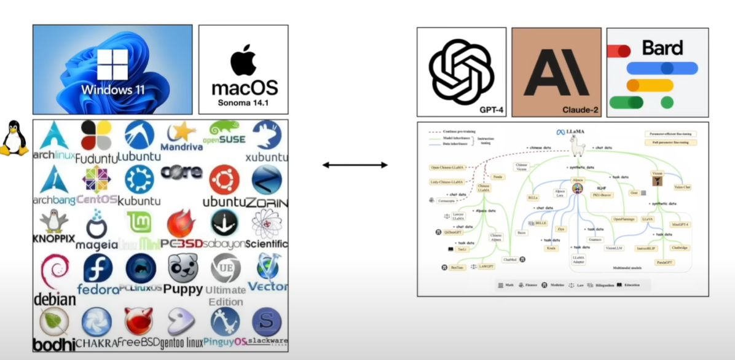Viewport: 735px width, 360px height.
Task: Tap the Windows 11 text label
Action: pyautogui.click(x=112, y=90)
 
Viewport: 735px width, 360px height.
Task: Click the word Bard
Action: pyautogui.click(x=662, y=47)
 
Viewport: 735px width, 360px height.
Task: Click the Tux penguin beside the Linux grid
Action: pyautogui.click(x=14, y=138)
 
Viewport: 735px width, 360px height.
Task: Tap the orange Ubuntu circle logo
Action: pyautogui.click(x=224, y=180)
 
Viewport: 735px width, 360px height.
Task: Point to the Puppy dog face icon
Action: pyautogui.click(x=183, y=268)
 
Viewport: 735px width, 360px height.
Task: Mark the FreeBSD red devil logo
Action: pyautogui.click(x=139, y=322)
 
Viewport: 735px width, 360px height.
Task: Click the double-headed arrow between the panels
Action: pyautogui.click(x=355, y=165)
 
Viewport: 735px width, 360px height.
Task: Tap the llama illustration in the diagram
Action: pyautogui.click(x=578, y=146)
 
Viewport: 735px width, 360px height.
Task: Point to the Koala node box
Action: pyautogui.click(x=551, y=248)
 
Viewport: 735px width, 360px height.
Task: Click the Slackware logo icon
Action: pyautogui.click(x=266, y=321)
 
